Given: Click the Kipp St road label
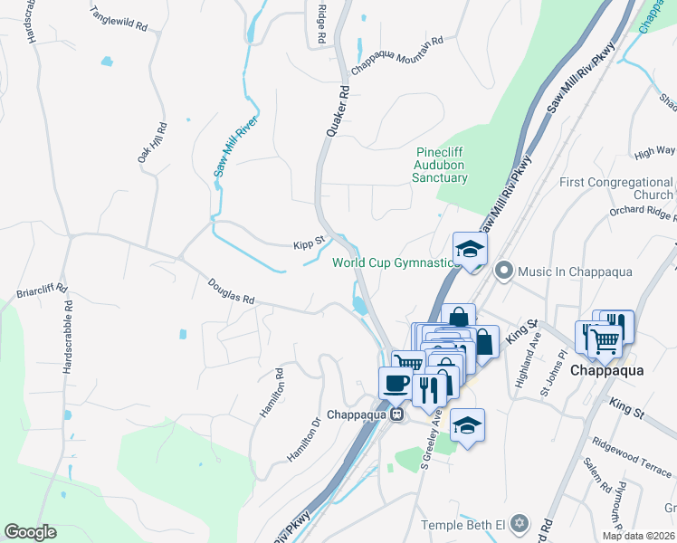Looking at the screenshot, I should point(309,244).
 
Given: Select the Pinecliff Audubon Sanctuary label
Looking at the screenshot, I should point(441,165).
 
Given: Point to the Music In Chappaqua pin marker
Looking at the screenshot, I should point(503,271).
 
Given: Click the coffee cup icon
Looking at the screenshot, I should point(395,383).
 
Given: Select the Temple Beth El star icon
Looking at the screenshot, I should point(519,524).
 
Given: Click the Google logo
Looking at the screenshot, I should point(30,532).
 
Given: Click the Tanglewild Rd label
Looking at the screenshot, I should point(119,20).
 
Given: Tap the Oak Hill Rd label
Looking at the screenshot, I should point(153,143).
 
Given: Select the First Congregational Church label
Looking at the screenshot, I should point(615,188).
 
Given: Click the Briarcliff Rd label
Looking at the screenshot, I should point(43,291).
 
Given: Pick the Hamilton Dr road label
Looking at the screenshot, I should point(303,440).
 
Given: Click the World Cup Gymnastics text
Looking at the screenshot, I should point(392,263).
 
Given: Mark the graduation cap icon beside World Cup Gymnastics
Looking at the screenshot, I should point(470,249).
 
